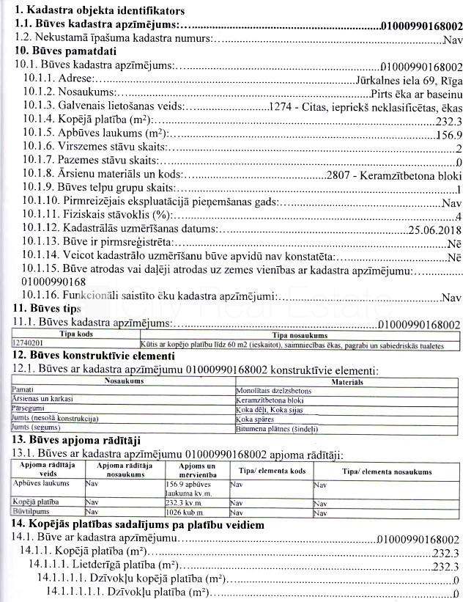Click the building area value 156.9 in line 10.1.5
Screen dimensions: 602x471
pyautogui.click(x=449, y=135)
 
